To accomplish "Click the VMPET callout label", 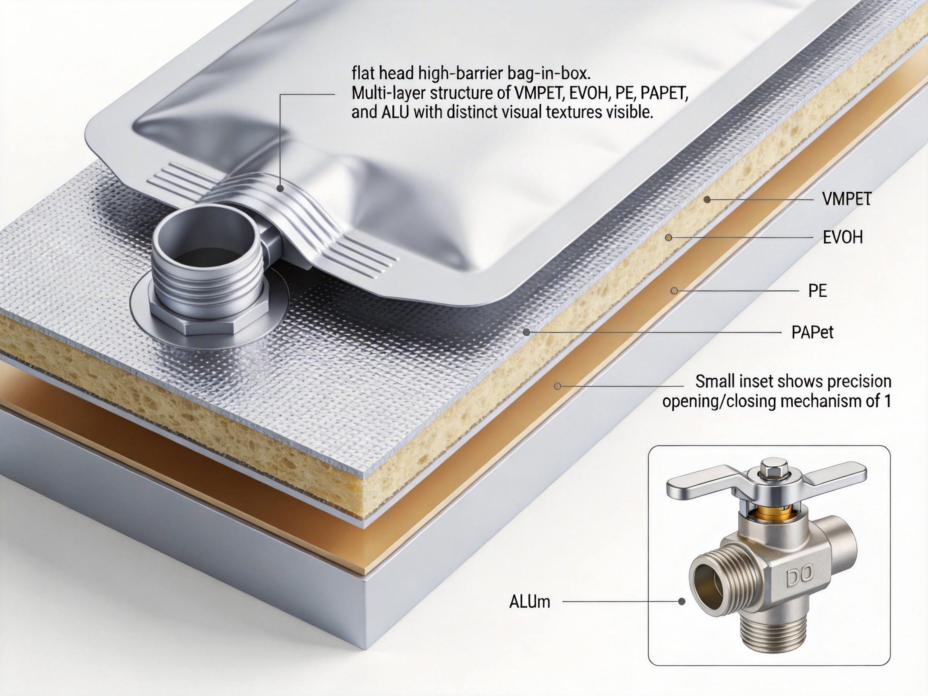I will (x=847, y=199).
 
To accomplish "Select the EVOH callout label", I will (x=843, y=238).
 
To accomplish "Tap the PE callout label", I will (x=817, y=291).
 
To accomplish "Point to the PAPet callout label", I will (x=812, y=332).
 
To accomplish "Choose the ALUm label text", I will (x=529, y=602).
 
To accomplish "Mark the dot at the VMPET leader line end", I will (x=707, y=199).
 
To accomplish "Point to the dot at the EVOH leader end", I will (x=669, y=238).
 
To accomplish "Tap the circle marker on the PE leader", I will (x=674, y=291).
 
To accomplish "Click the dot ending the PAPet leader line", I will (x=526, y=332).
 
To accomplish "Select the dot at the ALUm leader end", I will (x=682, y=602).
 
